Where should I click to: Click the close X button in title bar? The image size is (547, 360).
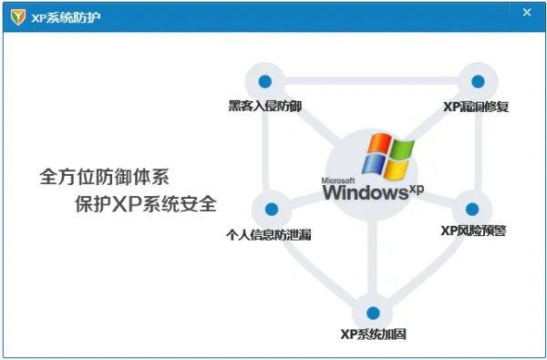527,13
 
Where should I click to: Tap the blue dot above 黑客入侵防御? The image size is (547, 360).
265,81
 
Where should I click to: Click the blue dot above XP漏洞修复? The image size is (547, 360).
476,81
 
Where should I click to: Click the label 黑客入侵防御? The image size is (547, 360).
265,107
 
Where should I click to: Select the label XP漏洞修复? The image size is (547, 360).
476,107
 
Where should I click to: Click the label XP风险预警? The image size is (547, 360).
473,231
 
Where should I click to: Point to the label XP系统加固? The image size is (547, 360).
372,334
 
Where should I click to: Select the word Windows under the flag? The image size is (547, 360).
364,193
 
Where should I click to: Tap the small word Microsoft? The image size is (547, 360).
338,180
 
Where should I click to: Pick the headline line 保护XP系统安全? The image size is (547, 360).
146,203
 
